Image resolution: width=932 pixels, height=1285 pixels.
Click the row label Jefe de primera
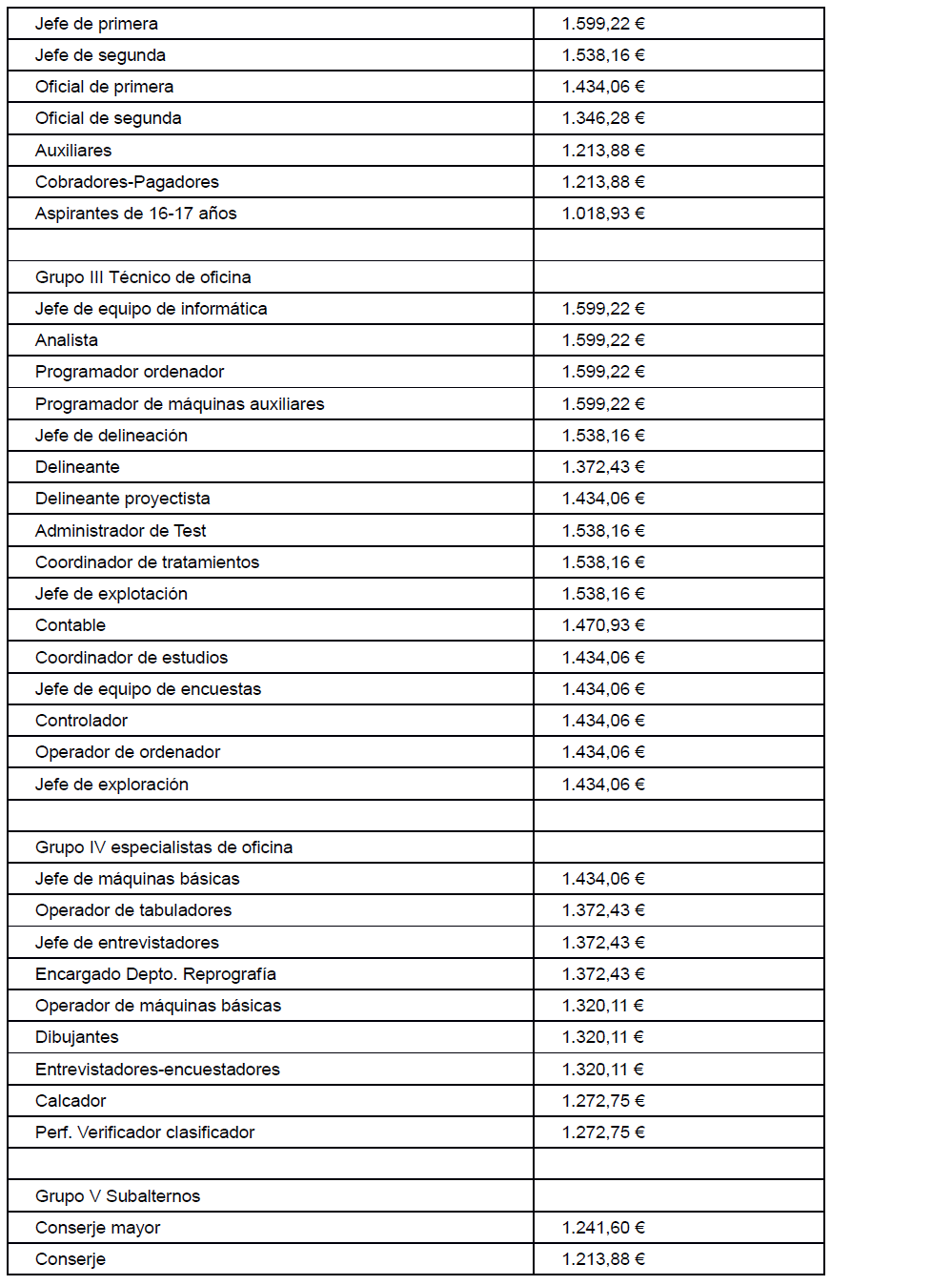[x=96, y=24]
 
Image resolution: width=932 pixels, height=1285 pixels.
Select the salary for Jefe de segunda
[x=603, y=55]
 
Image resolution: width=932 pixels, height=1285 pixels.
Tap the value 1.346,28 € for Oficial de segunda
[x=603, y=118]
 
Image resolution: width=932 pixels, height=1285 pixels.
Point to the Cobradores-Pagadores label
[x=127, y=182]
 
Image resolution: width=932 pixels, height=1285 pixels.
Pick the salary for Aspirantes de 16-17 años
[x=603, y=214]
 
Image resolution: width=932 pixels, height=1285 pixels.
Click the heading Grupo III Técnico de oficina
[x=143, y=277]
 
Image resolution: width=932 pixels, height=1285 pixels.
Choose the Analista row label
[x=67, y=340]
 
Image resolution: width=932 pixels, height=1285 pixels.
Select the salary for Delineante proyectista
[x=603, y=499]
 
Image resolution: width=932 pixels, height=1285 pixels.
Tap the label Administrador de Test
[x=120, y=531]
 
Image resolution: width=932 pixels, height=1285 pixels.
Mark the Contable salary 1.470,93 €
[x=603, y=625]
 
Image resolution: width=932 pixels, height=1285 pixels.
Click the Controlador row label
[x=81, y=721]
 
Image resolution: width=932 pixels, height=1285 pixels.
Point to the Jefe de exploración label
[x=111, y=785]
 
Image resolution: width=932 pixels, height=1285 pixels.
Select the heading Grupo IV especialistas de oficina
[x=164, y=847]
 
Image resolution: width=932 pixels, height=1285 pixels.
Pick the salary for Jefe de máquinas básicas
[x=603, y=879]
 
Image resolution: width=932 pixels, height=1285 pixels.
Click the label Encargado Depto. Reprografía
[x=155, y=974]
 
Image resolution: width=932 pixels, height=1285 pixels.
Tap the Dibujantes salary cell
[x=603, y=1037]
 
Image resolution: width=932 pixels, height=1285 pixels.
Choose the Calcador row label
[x=71, y=1101]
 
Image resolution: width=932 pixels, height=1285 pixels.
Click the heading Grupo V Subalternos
[x=117, y=1196]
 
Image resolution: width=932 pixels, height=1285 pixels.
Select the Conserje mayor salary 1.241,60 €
[x=603, y=1228]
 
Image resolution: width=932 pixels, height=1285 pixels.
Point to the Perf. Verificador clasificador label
[x=145, y=1132]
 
